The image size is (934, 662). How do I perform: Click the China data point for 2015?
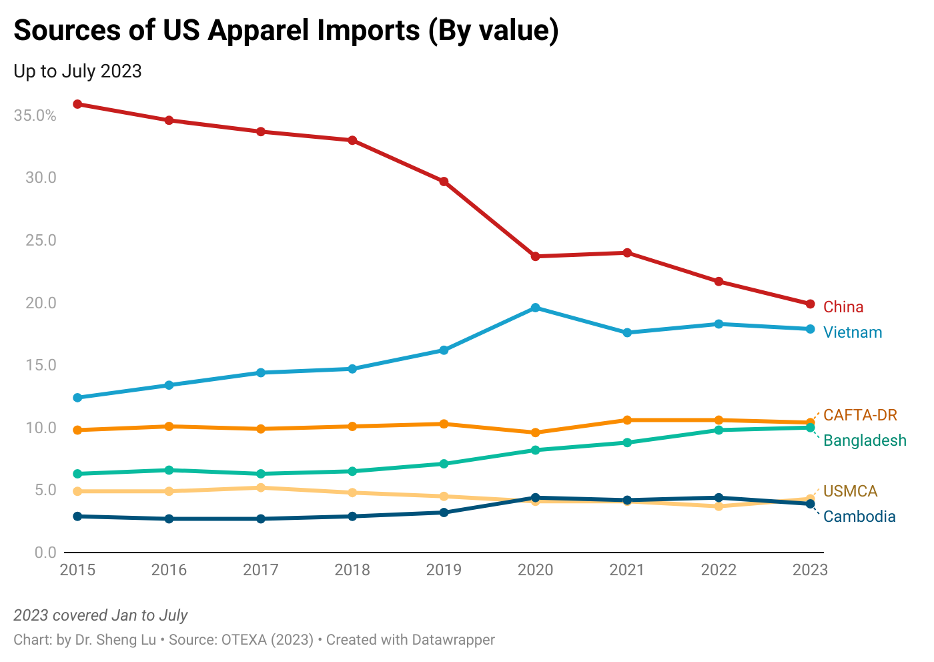pos(77,104)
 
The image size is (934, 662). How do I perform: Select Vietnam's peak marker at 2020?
pos(536,308)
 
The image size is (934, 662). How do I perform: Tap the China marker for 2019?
pos(444,182)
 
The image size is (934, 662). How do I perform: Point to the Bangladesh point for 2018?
pos(352,471)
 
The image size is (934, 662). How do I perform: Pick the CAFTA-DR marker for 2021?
pos(627,420)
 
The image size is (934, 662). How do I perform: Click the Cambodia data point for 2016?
pos(169,519)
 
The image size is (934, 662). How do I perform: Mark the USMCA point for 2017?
pos(261,488)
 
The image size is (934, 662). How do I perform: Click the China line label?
pos(843,307)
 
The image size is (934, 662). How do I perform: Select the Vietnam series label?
pos(853,332)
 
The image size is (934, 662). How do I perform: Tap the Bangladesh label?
pos(865,440)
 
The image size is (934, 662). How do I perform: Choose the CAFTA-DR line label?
pos(860,415)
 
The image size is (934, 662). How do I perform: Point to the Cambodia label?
pos(859,517)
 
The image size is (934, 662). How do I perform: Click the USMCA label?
pos(850,491)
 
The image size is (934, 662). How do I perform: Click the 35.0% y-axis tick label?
pos(35,115)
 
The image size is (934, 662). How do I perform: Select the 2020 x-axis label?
pos(536,570)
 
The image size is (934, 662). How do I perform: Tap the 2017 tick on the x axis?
pos(261,570)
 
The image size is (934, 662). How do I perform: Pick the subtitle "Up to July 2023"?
pos(77,71)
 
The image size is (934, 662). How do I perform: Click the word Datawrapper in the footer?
pos(453,640)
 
